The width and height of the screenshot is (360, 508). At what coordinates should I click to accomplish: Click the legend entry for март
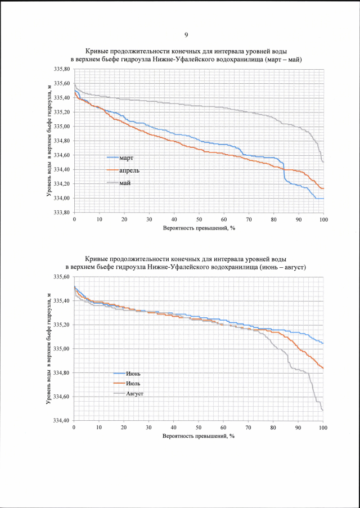125,158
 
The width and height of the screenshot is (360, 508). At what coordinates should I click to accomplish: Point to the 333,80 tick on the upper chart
62,213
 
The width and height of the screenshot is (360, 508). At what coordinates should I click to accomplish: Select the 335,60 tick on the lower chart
62,277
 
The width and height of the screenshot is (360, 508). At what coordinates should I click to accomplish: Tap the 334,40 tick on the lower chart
62,421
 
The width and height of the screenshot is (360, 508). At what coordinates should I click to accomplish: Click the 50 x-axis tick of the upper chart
199,219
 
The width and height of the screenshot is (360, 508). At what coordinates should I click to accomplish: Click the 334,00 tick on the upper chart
62,198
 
